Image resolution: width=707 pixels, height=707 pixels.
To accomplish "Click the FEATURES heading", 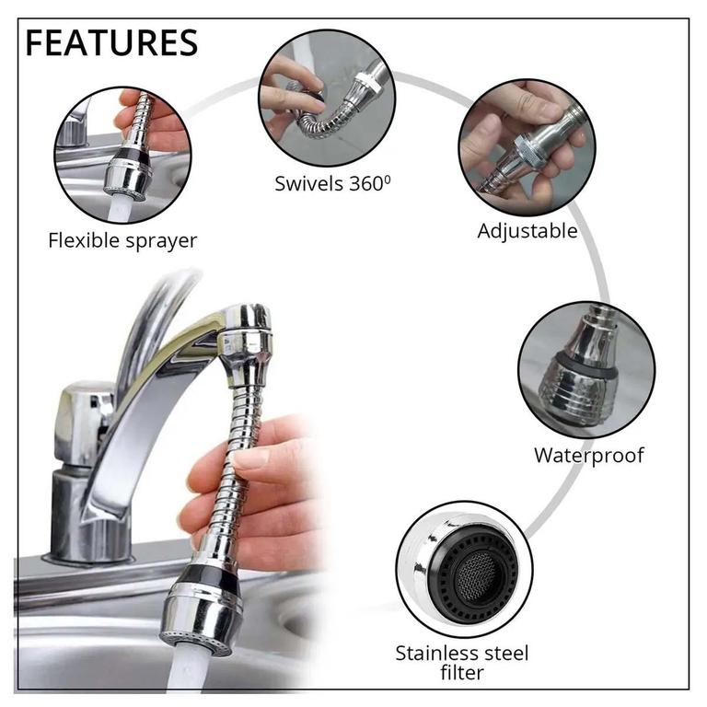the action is (x=111, y=42).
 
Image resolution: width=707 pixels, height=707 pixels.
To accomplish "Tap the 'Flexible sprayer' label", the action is (x=122, y=240).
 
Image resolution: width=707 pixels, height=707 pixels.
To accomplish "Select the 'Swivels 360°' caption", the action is (x=332, y=183).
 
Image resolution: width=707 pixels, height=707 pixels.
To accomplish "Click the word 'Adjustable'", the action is (x=527, y=231).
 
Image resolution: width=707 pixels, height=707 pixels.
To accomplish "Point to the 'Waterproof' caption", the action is (x=589, y=456).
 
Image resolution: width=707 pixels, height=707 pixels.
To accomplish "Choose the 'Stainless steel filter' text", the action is (x=462, y=663).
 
